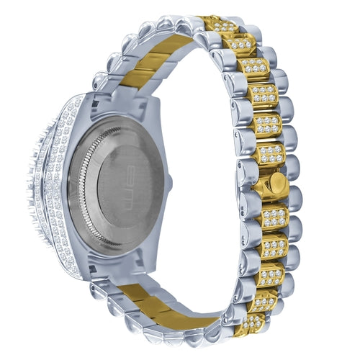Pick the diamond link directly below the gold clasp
pos(274,217)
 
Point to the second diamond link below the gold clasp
pos(274,246)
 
